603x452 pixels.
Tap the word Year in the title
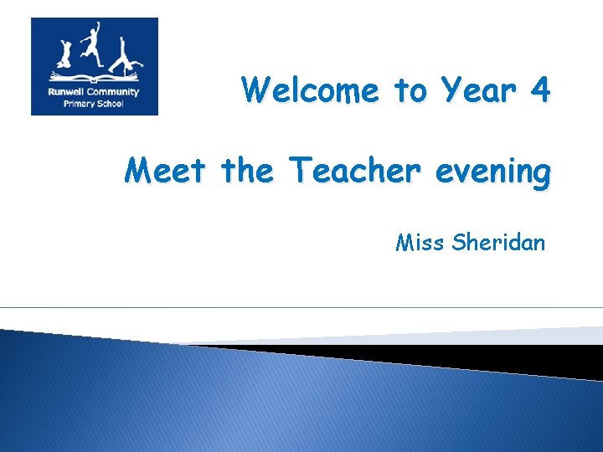478,90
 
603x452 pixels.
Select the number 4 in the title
540,89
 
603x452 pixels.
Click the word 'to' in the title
410,90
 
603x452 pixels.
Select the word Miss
420,243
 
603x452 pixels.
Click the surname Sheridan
498,243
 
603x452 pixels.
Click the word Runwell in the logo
65,92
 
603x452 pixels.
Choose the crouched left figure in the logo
64,55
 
